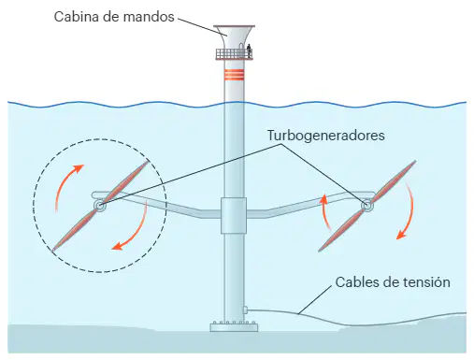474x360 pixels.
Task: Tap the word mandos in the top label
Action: (x=149, y=17)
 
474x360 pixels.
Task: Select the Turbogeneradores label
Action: (x=326, y=136)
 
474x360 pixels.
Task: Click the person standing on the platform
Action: (x=249, y=50)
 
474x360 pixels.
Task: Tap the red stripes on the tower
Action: (x=234, y=75)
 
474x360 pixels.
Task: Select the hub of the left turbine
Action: (x=99, y=206)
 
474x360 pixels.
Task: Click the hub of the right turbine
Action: (x=367, y=206)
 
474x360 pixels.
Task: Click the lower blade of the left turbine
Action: (x=74, y=230)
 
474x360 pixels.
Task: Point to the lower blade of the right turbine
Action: (x=342, y=230)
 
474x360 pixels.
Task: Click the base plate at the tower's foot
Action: (x=234, y=326)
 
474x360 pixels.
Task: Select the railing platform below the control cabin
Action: (x=234, y=54)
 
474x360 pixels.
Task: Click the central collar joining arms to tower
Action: (x=234, y=215)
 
